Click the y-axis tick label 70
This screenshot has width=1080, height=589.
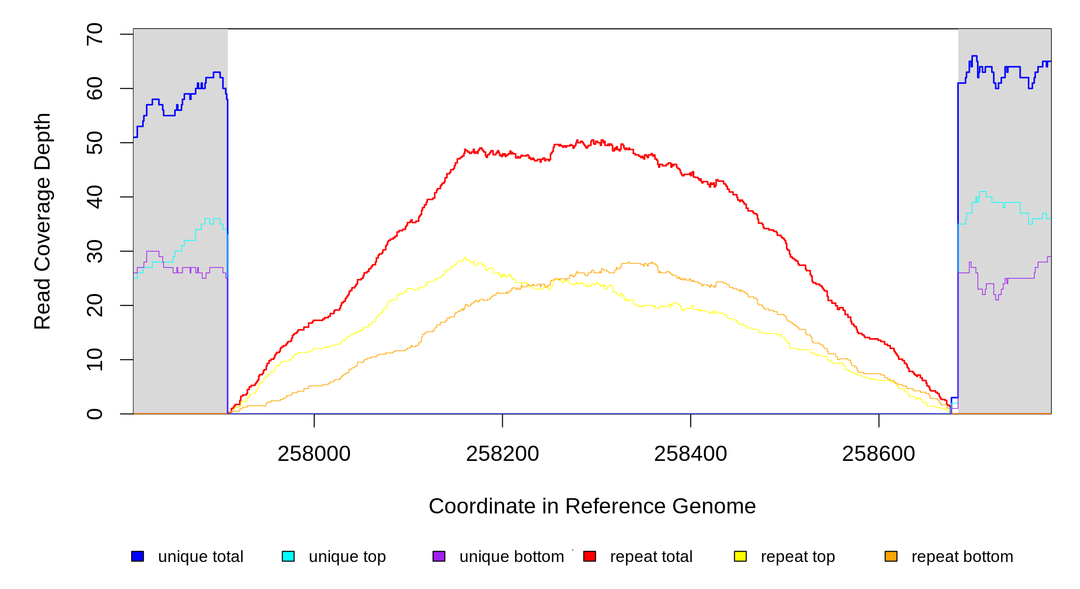[x=95, y=34]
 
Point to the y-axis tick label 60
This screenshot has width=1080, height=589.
[x=95, y=88]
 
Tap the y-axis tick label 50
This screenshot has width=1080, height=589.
[x=95, y=143]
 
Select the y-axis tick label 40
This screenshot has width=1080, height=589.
[x=95, y=197]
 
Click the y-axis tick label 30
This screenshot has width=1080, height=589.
[x=95, y=251]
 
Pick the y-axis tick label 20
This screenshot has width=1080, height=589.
[x=95, y=305]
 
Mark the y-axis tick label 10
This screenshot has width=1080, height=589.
[x=95, y=360]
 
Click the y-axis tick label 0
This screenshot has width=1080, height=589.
[x=95, y=414]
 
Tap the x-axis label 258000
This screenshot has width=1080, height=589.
[x=314, y=454]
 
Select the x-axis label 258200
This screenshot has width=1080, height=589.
[x=502, y=454]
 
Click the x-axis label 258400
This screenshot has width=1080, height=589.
[x=690, y=454]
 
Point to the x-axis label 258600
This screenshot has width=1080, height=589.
[x=878, y=454]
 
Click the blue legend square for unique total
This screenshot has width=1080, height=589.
[x=137, y=556]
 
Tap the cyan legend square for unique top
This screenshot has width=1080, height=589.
[x=288, y=556]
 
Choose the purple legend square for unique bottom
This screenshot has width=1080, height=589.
[x=439, y=556]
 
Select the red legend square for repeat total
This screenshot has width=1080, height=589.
[x=590, y=556]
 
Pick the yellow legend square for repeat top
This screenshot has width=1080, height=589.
[x=740, y=556]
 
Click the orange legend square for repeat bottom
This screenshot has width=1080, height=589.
[x=891, y=556]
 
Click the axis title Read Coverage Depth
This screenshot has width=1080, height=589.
[x=43, y=221]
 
